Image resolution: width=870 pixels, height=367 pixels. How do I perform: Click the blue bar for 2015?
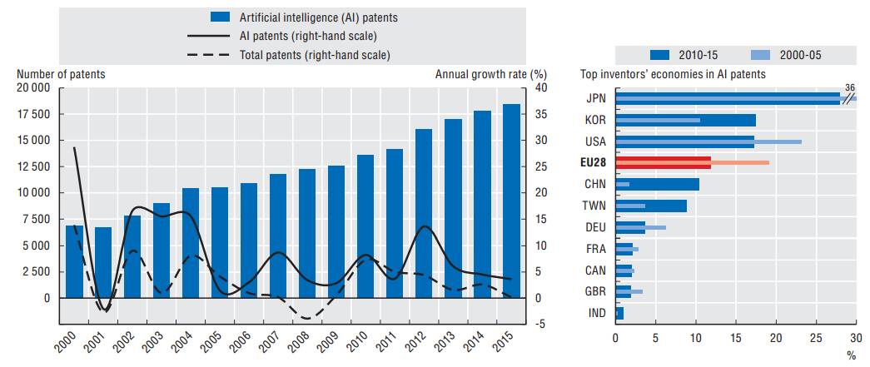pyautogui.click(x=511, y=201)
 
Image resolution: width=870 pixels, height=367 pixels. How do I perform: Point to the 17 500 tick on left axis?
pyautogui.click(x=34, y=114)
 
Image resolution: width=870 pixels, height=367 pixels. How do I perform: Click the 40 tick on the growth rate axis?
pyautogui.click(x=539, y=88)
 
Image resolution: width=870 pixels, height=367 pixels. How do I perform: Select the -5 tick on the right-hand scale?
pyautogui.click(x=539, y=325)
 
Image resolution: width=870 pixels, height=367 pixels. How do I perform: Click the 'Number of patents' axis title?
pyautogui.click(x=61, y=74)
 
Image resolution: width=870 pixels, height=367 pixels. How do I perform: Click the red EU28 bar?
pyautogui.click(x=663, y=162)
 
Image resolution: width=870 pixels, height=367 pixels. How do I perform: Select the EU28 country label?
pyautogui.click(x=594, y=161)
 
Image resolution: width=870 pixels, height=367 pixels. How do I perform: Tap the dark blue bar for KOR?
pyautogui.click(x=685, y=120)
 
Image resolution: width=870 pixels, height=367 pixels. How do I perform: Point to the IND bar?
pyautogui.click(x=619, y=313)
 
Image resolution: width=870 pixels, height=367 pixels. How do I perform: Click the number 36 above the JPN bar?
pyautogui.click(x=849, y=87)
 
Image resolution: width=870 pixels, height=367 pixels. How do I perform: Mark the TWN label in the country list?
pyautogui.click(x=595, y=205)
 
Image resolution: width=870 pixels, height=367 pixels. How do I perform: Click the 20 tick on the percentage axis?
pyautogui.click(x=776, y=339)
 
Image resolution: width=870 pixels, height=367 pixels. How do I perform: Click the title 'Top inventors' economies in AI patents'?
pyautogui.click(x=673, y=74)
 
